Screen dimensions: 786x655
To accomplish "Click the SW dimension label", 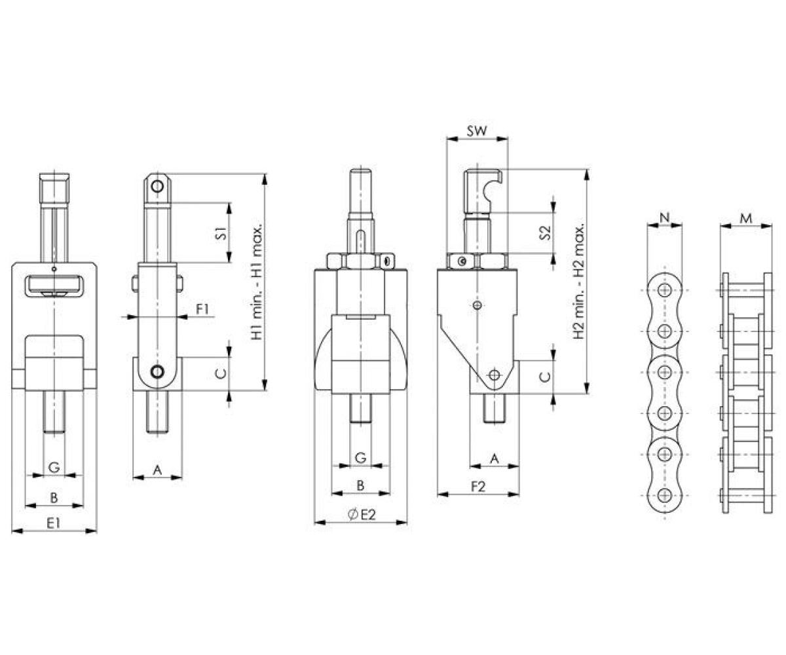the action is (x=477, y=131).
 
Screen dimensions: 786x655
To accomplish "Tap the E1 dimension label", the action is (x=54, y=523).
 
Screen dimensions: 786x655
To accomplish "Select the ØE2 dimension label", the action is (x=361, y=515).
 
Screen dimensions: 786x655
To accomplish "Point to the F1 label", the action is (x=202, y=309).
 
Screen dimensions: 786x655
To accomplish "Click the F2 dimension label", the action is (x=478, y=487).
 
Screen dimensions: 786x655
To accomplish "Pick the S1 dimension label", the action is (x=222, y=233).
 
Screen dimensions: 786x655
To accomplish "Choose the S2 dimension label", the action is (x=545, y=233).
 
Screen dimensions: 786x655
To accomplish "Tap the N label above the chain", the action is (x=665, y=217).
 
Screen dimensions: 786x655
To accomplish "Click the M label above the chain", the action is (x=746, y=218).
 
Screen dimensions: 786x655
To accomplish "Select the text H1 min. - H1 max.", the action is (x=257, y=282).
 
